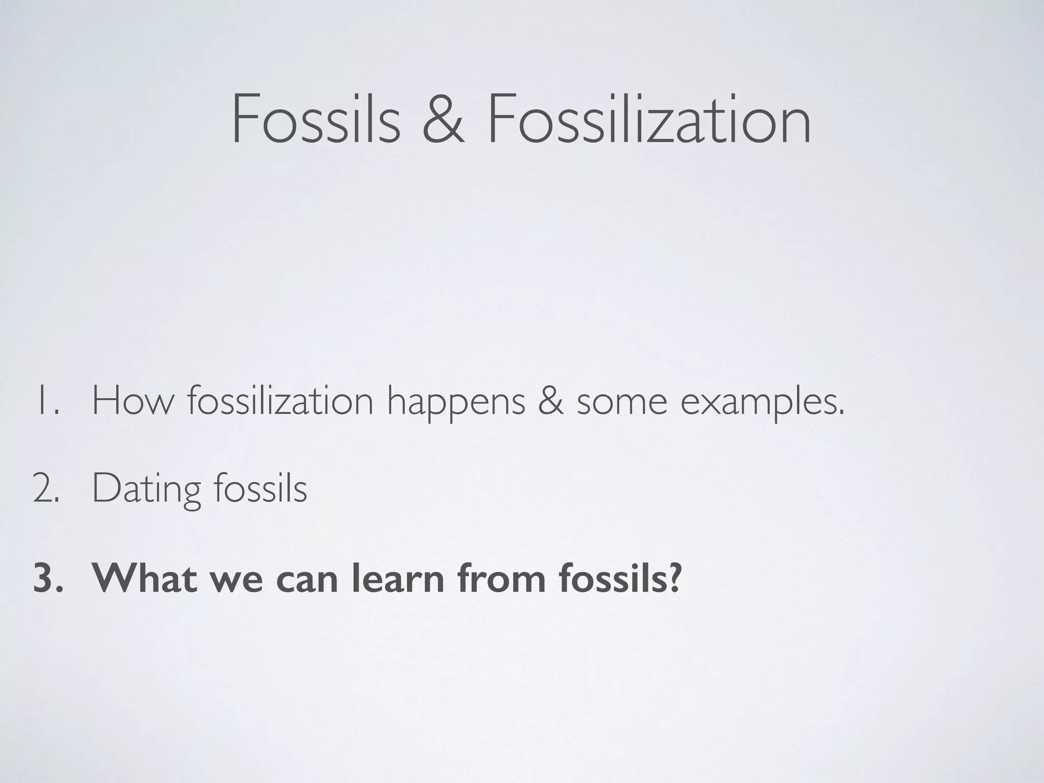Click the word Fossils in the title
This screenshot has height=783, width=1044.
[316, 119]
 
